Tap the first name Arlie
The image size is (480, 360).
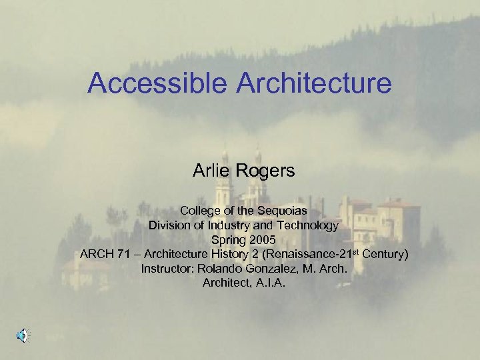(x=209, y=171)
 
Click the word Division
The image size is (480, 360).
(x=169, y=225)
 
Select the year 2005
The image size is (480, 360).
(x=259, y=240)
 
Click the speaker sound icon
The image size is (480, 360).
(x=22, y=336)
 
